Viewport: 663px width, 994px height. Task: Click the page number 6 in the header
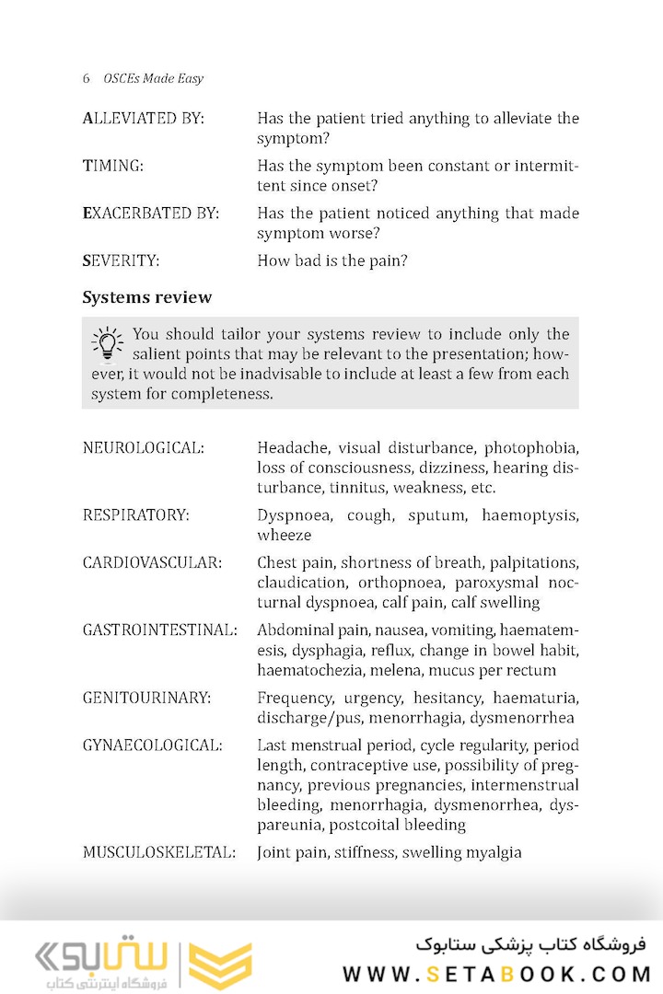point(87,78)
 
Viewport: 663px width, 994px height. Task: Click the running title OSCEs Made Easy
point(154,78)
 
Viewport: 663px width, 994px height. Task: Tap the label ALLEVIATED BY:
point(143,119)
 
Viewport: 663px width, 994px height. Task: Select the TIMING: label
point(112,166)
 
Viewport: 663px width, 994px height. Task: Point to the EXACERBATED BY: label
point(150,214)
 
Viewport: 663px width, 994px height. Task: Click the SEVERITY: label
point(121,260)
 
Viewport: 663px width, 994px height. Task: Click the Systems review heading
point(146,297)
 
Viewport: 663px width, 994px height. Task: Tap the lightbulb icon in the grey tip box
point(108,342)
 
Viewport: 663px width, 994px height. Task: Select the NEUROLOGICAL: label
point(143,448)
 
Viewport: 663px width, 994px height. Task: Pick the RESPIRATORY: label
point(135,515)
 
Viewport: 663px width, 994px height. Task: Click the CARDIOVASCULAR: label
point(152,562)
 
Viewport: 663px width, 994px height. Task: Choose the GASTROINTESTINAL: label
point(159,630)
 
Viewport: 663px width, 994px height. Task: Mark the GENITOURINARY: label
point(146,698)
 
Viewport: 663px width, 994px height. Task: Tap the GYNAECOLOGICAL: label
point(152,745)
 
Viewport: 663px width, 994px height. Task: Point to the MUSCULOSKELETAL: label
point(158,852)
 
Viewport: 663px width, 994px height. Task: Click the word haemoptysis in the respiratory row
point(529,515)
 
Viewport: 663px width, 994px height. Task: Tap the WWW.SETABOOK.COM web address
point(497,973)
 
